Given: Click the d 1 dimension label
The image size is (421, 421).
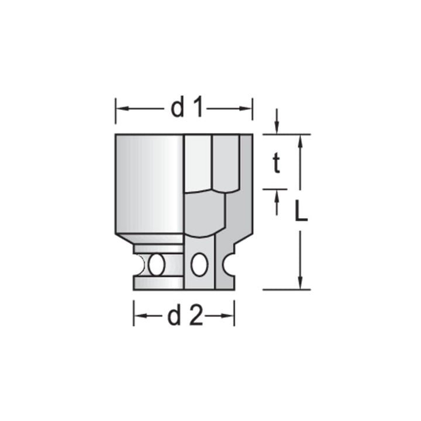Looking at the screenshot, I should (187, 109).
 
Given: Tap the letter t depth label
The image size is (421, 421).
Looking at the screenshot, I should (277, 165).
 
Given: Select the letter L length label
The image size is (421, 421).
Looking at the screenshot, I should (301, 212).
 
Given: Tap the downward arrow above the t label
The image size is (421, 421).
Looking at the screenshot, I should (277, 129).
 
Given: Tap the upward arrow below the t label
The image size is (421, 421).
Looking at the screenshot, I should (277, 195).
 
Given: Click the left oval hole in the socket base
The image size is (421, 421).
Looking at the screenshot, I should (156, 265).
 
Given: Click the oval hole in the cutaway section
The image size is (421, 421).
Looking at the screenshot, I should (199, 265).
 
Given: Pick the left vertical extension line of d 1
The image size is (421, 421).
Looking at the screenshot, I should (115, 111).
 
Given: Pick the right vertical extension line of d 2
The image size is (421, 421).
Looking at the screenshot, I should (234, 313).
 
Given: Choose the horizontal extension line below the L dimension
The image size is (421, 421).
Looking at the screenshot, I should (286, 289).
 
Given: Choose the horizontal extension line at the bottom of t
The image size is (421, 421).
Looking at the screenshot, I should (275, 189).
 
